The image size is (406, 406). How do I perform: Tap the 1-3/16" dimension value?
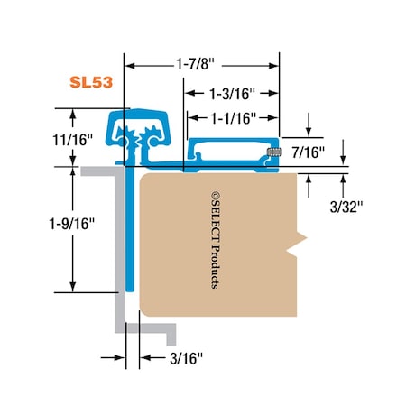(232, 91)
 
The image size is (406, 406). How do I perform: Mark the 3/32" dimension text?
(346, 207)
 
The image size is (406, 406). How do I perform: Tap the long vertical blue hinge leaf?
(129, 235)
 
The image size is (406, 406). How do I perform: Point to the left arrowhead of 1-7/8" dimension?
(129, 65)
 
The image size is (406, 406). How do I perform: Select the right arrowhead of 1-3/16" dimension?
(276, 91)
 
